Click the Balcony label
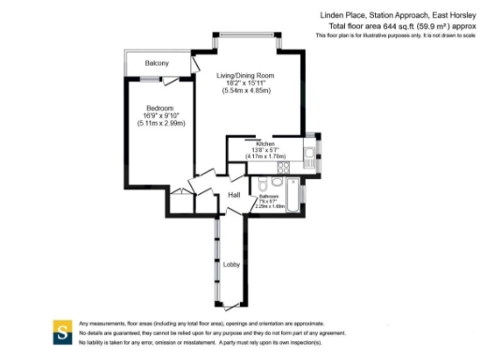[157, 63]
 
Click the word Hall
[235, 194]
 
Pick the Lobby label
[231, 264]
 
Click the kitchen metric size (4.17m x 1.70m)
[265, 155]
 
